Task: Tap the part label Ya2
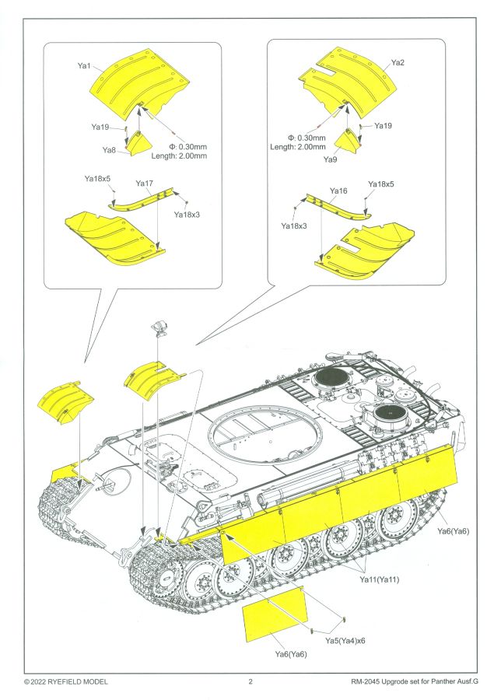tap(398, 61)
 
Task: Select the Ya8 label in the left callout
tap(109, 149)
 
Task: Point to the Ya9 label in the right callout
tap(331, 159)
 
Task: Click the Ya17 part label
tap(145, 184)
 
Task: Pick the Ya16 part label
tap(338, 191)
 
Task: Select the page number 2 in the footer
tap(251, 682)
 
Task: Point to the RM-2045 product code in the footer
tap(369, 682)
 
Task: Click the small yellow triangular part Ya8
tap(141, 143)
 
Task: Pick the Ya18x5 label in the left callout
tap(98, 178)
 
